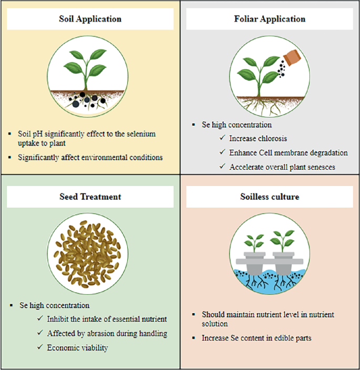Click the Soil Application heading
(90, 19)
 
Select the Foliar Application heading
(269, 19)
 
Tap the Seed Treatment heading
(90, 197)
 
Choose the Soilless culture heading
(269, 197)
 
